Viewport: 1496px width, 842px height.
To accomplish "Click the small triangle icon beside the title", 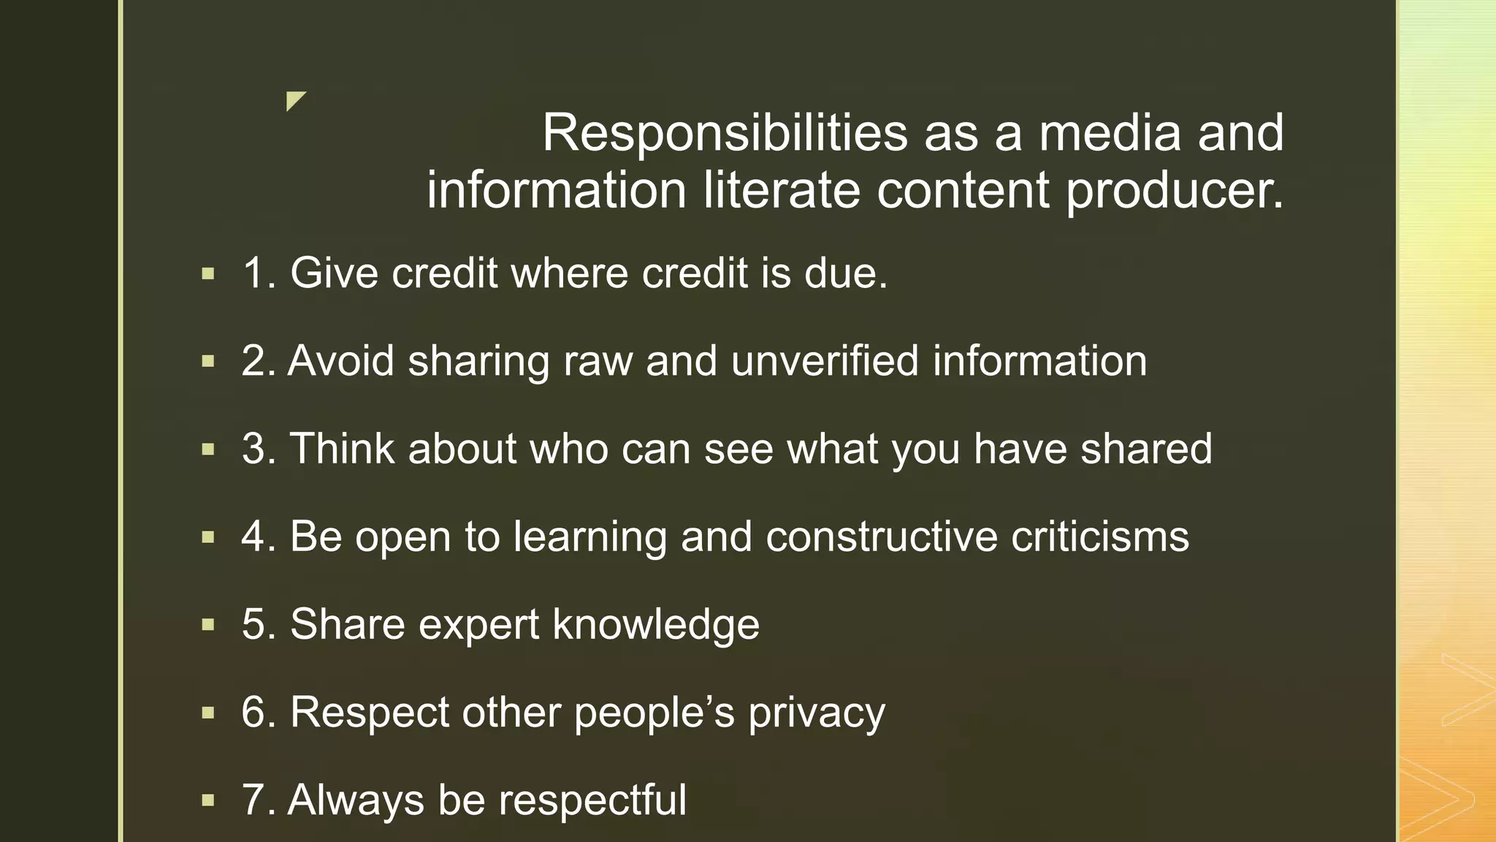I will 295,101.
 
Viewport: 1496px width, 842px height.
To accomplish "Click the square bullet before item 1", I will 208,274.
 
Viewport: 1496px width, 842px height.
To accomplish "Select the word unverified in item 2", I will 825,361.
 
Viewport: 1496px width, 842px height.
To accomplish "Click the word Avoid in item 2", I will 341,361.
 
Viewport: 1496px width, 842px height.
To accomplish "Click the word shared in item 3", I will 1146,449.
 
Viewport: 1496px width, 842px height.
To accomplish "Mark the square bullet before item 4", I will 208,537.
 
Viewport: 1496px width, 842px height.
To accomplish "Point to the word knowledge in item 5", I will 656,624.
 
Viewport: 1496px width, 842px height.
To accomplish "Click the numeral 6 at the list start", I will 253,712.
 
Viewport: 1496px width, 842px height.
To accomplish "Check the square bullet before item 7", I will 208,800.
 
